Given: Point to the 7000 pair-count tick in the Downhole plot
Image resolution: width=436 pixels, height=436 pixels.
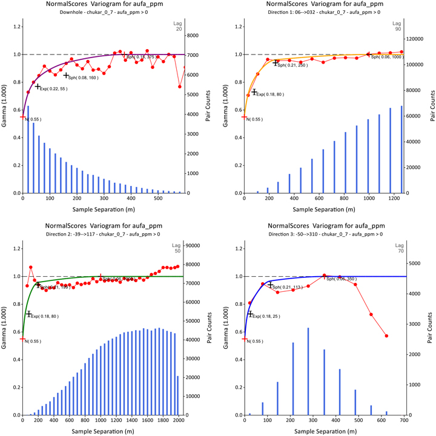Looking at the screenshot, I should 198,54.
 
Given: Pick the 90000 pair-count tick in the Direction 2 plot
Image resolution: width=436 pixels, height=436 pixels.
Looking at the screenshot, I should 200,245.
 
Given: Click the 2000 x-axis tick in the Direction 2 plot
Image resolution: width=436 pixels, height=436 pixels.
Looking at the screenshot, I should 178,420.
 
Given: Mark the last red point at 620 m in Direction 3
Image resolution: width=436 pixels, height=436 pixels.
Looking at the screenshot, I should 386,336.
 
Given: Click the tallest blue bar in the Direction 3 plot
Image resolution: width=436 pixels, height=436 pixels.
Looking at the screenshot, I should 308,372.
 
